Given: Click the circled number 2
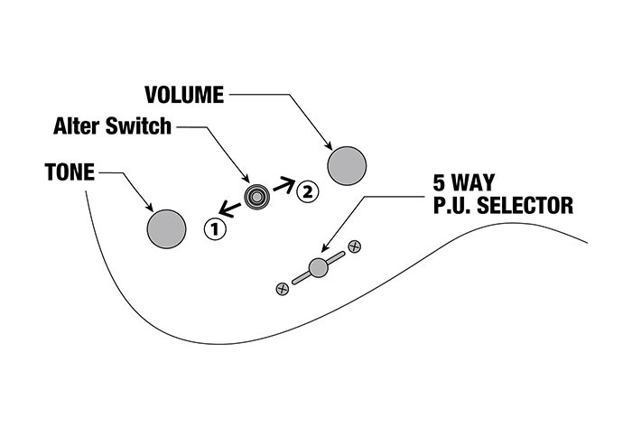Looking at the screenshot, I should (x=308, y=190).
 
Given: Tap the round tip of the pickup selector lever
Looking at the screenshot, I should (x=317, y=266).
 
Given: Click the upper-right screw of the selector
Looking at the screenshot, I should (x=355, y=246).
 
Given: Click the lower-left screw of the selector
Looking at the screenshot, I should (x=282, y=288).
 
